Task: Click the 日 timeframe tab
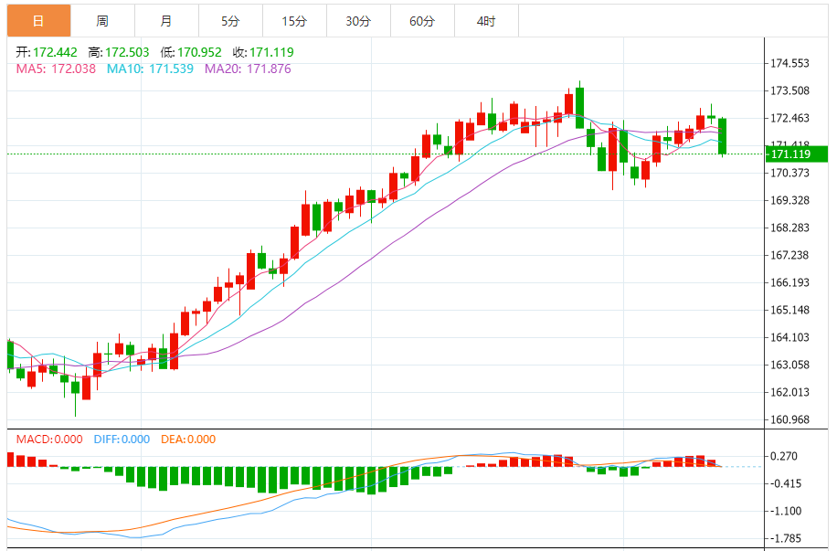tap(38, 20)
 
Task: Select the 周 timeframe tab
tap(102, 20)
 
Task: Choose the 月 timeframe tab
tap(165, 20)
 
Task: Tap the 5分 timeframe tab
tap(230, 20)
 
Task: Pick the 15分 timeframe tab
tap(294, 20)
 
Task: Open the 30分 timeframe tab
tap(358, 20)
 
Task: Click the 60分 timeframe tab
tap(422, 20)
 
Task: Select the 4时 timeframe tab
tap(486, 20)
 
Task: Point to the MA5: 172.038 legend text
tap(56, 69)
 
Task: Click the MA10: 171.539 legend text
tap(150, 69)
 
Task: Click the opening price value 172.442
tap(55, 52)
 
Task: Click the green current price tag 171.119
tap(797, 154)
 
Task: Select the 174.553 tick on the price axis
tap(790, 63)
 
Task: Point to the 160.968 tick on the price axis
tap(790, 419)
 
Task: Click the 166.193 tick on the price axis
tap(790, 282)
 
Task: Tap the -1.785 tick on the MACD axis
tap(787, 538)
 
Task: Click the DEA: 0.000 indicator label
tap(188, 440)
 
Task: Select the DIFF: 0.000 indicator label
tap(122, 440)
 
